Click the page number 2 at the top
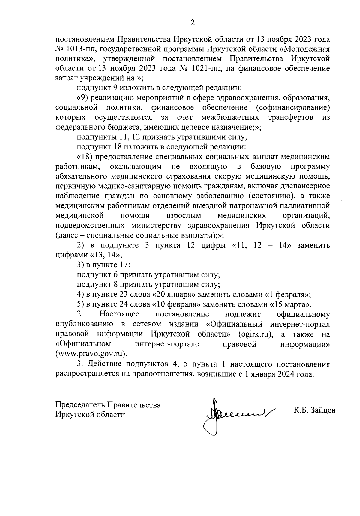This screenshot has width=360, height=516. [193, 23]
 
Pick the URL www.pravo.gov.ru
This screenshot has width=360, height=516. [91, 354]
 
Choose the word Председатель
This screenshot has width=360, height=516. [80, 405]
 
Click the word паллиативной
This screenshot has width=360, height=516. [306, 206]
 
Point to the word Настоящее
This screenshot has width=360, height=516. [120, 314]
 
